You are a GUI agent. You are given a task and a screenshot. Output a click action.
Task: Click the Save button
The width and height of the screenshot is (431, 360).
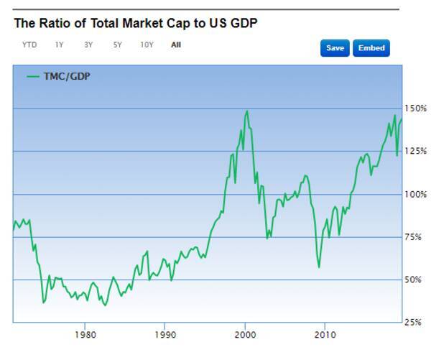click(335, 48)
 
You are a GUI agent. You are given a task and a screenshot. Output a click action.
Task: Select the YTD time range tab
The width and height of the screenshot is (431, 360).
click(29, 45)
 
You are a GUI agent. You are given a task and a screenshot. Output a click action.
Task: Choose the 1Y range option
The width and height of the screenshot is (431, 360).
click(59, 45)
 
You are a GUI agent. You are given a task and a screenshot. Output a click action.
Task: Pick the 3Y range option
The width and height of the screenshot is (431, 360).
click(88, 45)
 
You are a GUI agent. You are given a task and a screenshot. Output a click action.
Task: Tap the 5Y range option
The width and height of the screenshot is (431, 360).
click(117, 45)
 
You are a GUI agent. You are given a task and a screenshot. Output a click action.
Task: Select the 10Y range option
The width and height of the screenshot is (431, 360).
click(147, 45)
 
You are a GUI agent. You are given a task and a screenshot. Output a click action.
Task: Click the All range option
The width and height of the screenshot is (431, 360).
click(176, 45)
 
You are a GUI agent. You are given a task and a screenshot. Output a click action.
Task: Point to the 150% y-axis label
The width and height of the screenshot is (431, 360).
click(417, 109)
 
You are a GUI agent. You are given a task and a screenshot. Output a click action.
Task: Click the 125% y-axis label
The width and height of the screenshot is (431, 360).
click(417, 151)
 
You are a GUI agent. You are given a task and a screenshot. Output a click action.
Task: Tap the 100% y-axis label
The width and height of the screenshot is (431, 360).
click(417, 194)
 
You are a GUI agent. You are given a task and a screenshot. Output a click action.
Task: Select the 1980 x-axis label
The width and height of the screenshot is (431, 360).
click(85, 334)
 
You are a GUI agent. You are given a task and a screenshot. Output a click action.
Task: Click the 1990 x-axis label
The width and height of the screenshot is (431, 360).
click(165, 334)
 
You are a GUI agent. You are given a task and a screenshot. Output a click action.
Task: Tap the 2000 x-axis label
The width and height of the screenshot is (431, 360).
click(245, 334)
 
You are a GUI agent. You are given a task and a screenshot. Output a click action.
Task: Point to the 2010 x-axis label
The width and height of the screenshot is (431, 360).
click(325, 334)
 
